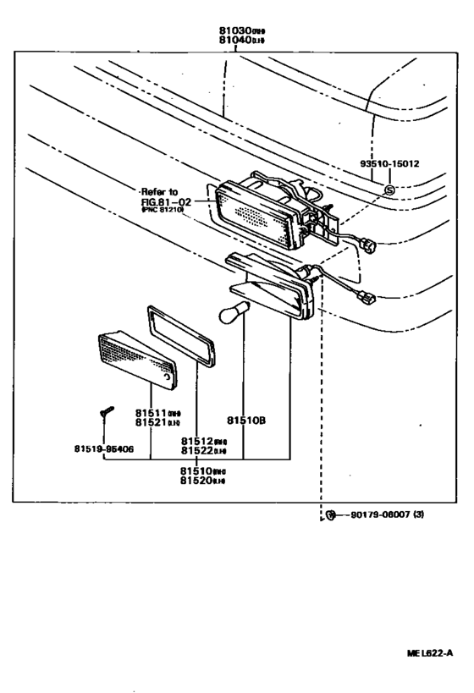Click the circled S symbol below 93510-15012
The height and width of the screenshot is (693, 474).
(388, 190)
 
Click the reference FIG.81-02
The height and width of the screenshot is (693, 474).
(165, 202)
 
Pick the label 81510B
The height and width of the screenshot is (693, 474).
(246, 420)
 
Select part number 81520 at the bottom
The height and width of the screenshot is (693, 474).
(201, 481)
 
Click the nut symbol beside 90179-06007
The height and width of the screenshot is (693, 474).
(333, 514)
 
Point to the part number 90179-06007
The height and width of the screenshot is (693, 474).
(380, 514)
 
